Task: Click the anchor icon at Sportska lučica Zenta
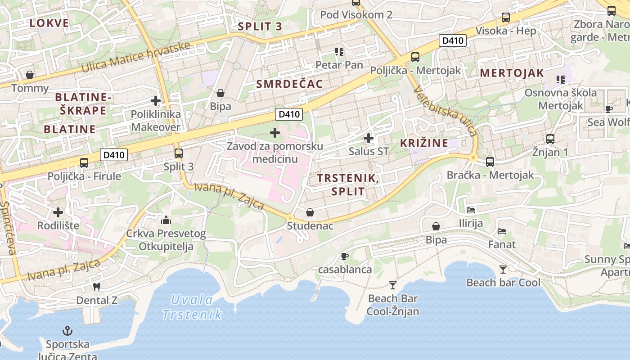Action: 67,331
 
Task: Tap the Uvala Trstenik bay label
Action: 192,307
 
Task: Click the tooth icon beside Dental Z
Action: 96,286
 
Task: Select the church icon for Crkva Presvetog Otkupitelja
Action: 166,220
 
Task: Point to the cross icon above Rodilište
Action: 58,212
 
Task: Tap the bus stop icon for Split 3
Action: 179,153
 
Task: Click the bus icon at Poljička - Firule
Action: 84,163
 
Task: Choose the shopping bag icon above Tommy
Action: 30,74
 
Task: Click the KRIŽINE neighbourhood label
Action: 424,143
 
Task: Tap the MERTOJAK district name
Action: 512,73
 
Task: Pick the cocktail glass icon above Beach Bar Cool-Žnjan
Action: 393,285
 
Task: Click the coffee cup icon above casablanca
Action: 345,256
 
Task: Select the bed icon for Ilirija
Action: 471,210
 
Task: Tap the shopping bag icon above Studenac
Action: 310,212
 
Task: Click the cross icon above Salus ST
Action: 369,138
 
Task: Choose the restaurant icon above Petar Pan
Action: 339,52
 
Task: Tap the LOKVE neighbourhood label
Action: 49,23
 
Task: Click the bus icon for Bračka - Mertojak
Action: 490,162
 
